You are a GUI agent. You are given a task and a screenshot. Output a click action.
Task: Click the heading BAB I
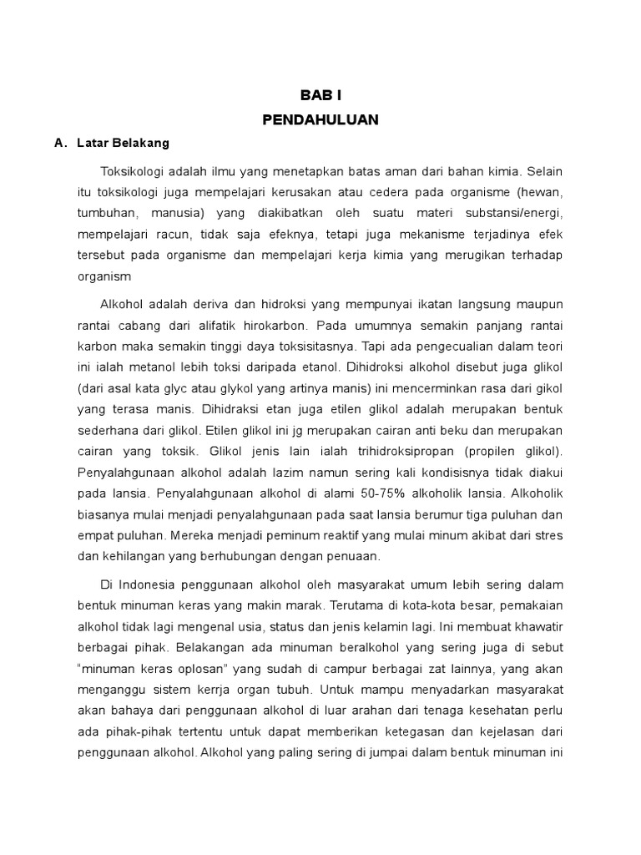click(320, 96)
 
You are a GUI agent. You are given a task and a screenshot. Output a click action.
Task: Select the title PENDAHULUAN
click(320, 120)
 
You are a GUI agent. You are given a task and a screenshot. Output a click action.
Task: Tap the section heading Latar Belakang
click(123, 143)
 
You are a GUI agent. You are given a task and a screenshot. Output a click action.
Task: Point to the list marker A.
click(59, 143)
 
